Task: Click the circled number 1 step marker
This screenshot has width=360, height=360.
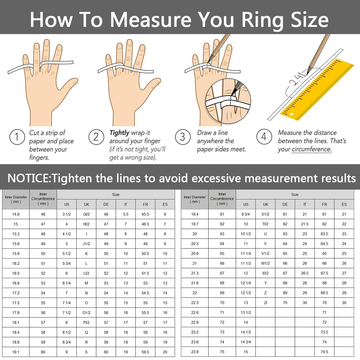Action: [16, 137]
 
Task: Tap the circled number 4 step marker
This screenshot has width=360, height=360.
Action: [264, 136]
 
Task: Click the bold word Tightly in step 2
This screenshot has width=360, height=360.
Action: [119, 133]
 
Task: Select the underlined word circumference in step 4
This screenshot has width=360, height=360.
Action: [312, 149]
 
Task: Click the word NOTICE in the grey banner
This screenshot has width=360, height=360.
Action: [28, 178]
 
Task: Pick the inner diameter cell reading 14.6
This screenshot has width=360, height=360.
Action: [16, 214]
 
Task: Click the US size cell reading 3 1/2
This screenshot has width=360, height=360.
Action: [67, 214]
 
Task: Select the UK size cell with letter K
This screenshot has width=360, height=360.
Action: [86, 254]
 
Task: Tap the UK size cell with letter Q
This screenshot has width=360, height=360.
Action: [86, 332]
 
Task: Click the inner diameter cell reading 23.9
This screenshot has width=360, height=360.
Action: [195, 352]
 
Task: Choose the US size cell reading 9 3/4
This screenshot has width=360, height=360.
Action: [246, 214]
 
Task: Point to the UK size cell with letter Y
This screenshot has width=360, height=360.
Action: [265, 283]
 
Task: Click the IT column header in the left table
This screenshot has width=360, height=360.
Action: [126, 204]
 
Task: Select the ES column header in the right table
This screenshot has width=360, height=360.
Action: [344, 204]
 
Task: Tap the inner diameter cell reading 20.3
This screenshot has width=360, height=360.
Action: [195, 244]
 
